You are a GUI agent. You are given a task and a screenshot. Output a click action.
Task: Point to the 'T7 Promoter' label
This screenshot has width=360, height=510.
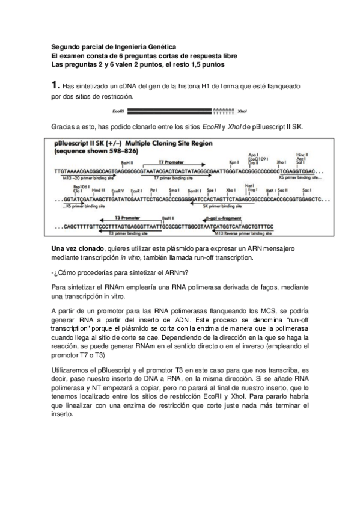(169, 162)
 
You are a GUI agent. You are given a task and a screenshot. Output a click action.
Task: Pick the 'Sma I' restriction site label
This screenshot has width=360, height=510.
(174, 189)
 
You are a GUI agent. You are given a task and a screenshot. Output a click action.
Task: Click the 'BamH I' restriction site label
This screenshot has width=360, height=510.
(194, 189)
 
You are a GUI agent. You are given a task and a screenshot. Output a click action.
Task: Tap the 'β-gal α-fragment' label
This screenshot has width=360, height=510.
(231, 217)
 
